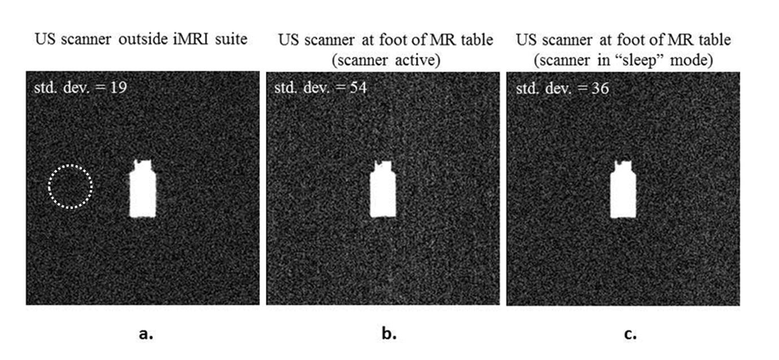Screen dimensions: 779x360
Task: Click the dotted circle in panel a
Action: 70,187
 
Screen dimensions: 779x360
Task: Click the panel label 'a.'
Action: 146,333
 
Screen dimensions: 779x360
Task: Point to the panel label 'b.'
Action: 389,333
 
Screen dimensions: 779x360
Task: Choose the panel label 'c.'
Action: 630,333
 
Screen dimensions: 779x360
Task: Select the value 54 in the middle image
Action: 358,88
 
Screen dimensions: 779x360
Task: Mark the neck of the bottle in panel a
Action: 142,165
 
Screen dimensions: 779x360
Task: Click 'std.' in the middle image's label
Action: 284,88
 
